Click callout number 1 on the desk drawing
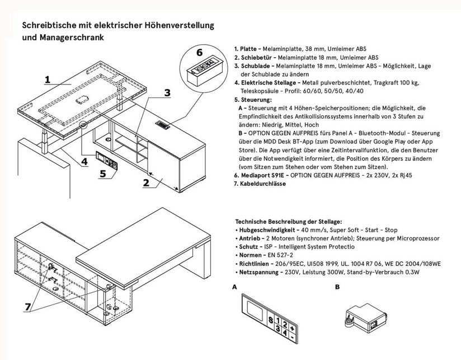48,80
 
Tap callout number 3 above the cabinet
167,93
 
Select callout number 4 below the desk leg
84,161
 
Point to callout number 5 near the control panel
102,174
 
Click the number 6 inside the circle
199,53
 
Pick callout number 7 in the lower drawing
27,307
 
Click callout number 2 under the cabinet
146,183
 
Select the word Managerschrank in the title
72,38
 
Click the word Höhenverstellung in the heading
179,25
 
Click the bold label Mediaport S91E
262,176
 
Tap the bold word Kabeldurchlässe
263,184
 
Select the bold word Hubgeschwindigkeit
267,230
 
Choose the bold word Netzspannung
258,272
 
